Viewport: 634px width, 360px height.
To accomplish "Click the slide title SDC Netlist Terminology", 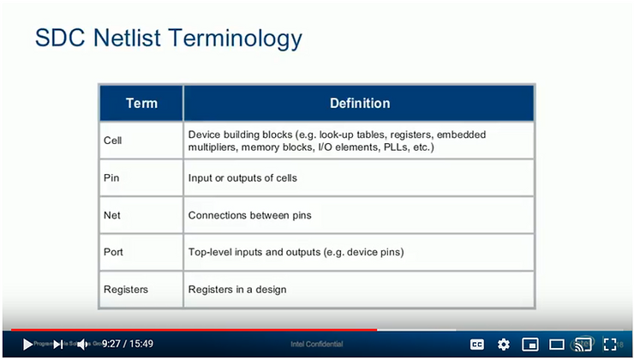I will (168, 39).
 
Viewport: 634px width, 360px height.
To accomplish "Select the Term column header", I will (141, 103).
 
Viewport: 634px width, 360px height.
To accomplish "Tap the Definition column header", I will (360, 103).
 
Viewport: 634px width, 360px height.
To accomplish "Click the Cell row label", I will (112, 141).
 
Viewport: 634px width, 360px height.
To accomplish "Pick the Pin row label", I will (111, 177).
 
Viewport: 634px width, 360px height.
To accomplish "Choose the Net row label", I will (111, 215).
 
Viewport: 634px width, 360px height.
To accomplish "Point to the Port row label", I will (113, 252).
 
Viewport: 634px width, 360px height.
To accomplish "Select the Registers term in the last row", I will (125, 290).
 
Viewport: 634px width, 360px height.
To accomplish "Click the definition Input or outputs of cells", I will (242, 177).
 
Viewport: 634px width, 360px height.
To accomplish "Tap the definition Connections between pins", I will (249, 215).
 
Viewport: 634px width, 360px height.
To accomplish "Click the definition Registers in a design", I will (237, 290).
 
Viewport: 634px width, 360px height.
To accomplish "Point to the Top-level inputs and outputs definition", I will (296, 252).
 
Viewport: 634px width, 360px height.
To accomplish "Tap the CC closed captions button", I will (477, 345).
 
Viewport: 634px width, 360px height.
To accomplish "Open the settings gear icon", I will (504, 345).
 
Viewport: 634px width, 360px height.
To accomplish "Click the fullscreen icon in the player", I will (610, 345).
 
